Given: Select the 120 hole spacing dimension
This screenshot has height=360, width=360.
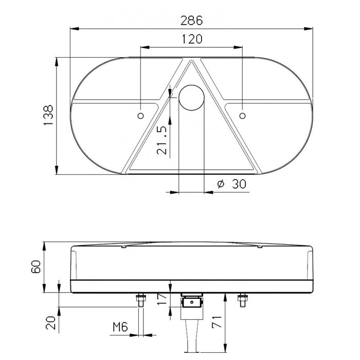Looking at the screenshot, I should click(x=191, y=39).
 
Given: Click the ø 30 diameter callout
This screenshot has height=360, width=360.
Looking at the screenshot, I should click(x=229, y=184).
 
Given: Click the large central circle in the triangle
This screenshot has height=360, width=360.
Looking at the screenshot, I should click(x=192, y=97).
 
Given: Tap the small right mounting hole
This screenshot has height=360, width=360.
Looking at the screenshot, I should click(x=243, y=115).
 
